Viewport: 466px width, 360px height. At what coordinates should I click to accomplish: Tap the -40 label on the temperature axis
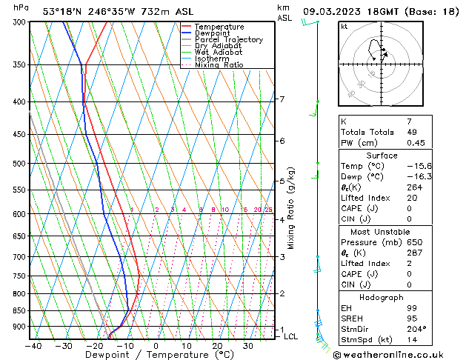pyautogui.click(x=33, y=346)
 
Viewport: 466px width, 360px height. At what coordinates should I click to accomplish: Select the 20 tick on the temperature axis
pyautogui.click(x=217, y=346)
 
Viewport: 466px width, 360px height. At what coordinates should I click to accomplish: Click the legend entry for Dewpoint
pyautogui.click(x=213, y=33)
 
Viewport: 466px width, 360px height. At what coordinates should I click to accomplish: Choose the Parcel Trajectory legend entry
pyautogui.click(x=228, y=40)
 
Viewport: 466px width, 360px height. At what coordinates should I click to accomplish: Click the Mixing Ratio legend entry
pyautogui.click(x=219, y=65)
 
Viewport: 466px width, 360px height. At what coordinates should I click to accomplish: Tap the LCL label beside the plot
pyautogui.click(x=291, y=336)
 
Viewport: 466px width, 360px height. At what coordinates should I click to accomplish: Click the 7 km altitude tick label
pyautogui.click(x=282, y=99)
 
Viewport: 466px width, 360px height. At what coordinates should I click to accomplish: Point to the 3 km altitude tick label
pyautogui.click(x=282, y=257)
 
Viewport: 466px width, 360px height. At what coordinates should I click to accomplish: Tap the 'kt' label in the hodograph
pyautogui.click(x=344, y=27)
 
